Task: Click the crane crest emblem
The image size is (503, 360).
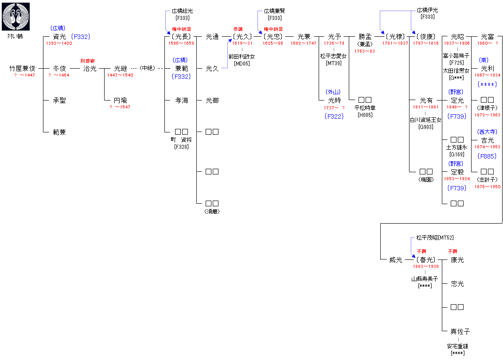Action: click(16, 16)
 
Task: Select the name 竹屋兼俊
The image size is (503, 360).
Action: click(23, 69)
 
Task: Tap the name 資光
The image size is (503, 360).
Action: click(59, 37)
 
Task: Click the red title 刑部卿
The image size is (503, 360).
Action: click(87, 61)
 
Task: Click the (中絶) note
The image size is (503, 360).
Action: click(147, 69)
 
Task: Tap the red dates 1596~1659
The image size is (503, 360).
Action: click(181, 43)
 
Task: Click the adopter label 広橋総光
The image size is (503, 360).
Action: click(183, 11)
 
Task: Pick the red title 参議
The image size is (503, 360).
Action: click(238, 29)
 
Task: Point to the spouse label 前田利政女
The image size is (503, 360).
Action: click(242, 57)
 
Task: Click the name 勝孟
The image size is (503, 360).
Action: click(365, 37)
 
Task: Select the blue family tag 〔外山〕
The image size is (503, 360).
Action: click(333, 92)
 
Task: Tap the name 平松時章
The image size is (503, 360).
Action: click(365, 108)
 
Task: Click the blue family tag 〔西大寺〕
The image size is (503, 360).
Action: click(487, 132)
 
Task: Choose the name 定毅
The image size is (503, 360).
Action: click(457, 172)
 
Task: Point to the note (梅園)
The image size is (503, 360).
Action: click(426, 179)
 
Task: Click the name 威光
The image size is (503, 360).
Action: click(396, 260)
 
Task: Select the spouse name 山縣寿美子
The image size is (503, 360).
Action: click(425, 279)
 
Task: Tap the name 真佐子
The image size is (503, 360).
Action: click(460, 331)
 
